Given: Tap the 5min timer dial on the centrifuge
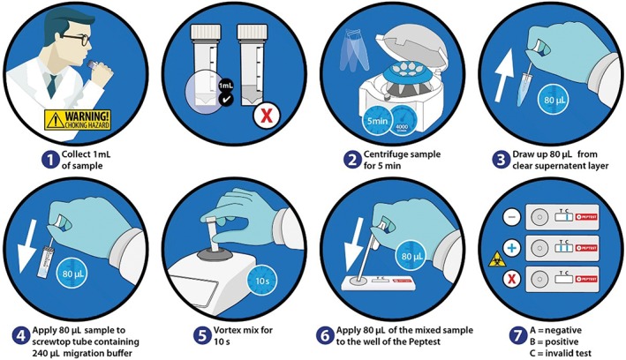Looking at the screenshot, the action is pyautogui.click(x=349, y=121).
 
